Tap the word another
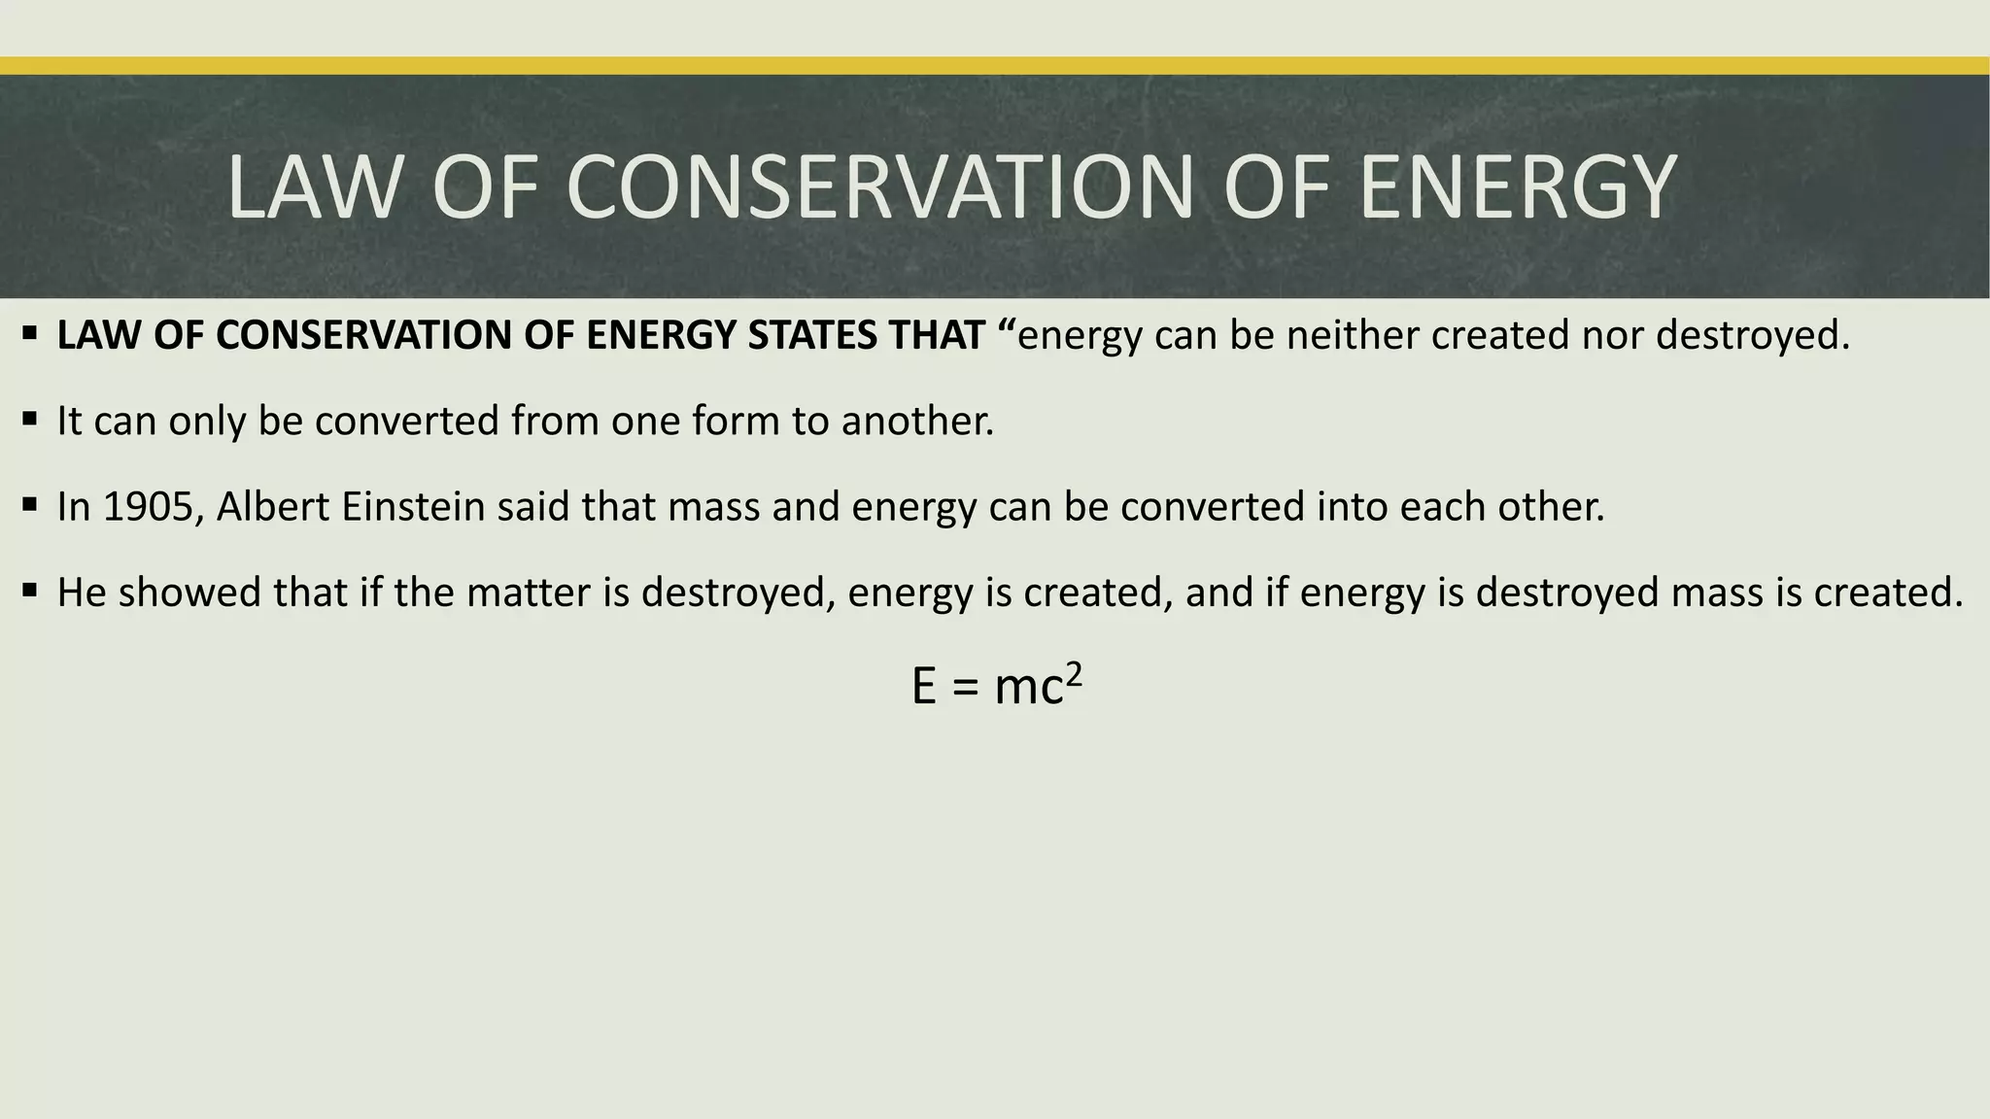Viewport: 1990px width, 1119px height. (x=917, y=421)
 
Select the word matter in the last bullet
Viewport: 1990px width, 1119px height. (x=529, y=593)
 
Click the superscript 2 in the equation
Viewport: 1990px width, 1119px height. (x=1074, y=673)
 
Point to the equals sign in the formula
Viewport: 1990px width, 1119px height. (x=962, y=688)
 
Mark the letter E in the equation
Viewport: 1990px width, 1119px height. (x=924, y=687)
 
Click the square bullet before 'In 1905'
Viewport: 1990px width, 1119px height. (x=30, y=505)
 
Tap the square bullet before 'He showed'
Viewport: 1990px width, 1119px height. (x=30, y=591)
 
